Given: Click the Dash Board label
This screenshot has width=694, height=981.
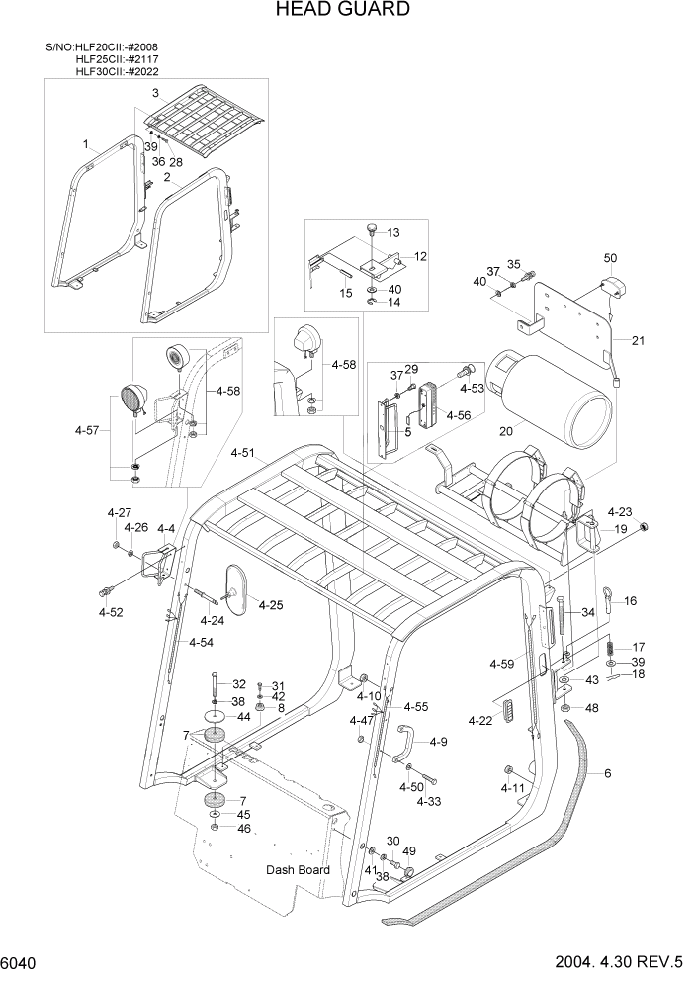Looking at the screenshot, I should click(297, 870).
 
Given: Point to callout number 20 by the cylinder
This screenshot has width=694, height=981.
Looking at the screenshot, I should click(506, 431).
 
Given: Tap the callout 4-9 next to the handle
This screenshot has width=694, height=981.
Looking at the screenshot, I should click(438, 742).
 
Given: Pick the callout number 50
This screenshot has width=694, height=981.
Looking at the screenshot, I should click(609, 258).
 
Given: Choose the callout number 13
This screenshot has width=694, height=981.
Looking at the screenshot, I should click(393, 233).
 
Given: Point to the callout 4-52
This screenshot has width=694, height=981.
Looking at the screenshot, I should click(111, 613).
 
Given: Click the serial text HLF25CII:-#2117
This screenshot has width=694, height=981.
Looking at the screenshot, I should click(116, 59).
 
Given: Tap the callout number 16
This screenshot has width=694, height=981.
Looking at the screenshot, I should click(630, 600).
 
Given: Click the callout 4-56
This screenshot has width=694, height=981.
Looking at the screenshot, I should click(457, 416).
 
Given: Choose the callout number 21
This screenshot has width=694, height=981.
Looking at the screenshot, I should click(637, 341).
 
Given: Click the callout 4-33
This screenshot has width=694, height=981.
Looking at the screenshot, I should click(428, 801).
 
